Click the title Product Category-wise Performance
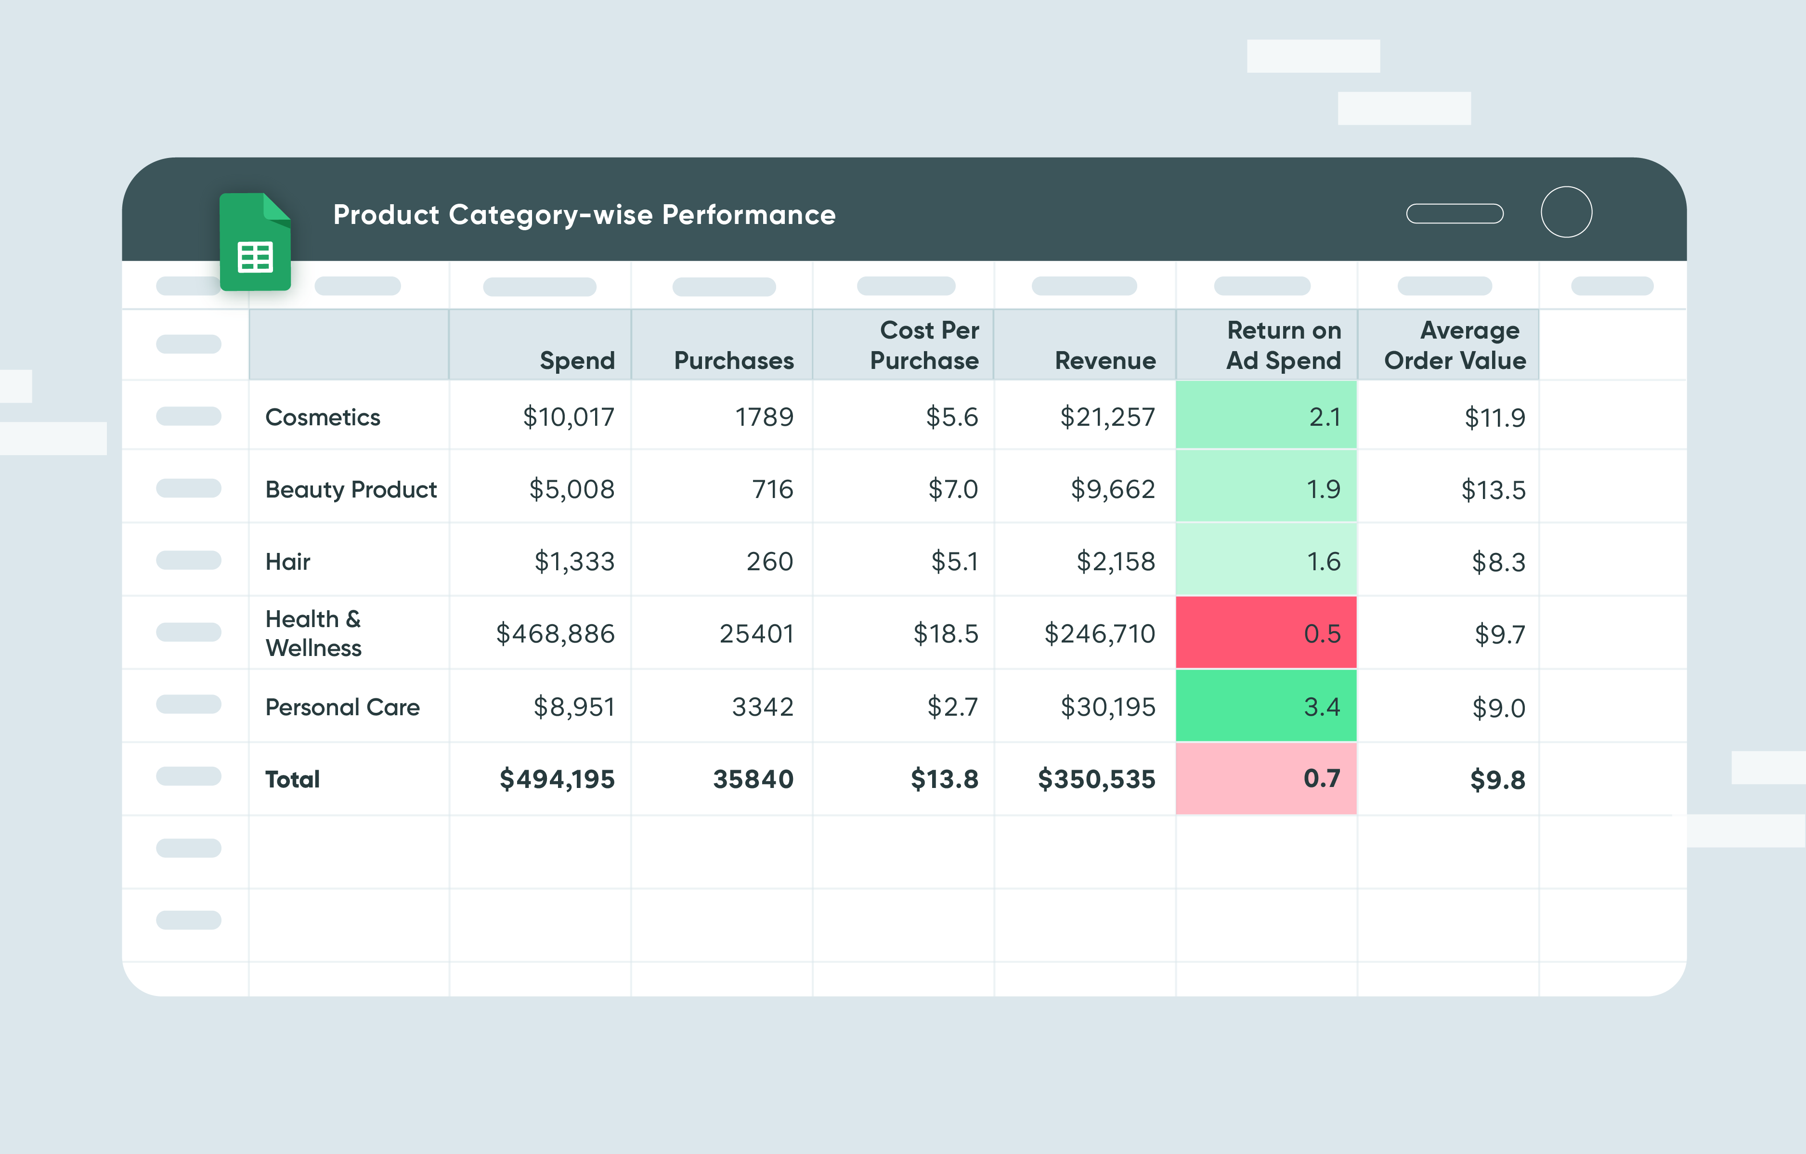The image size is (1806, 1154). coord(584,215)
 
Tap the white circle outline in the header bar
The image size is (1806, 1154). coord(1566,212)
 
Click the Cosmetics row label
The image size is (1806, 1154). coord(323,417)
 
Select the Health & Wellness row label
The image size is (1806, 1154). coord(313,633)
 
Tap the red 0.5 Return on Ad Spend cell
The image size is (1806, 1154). coord(1266,633)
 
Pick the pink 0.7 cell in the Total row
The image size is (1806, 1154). coord(1266,778)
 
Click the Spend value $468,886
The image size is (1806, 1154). coord(555,634)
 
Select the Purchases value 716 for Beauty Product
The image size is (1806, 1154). coord(772,489)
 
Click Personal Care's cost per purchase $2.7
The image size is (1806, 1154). coord(952,707)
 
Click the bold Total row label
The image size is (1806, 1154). coord(293,780)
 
